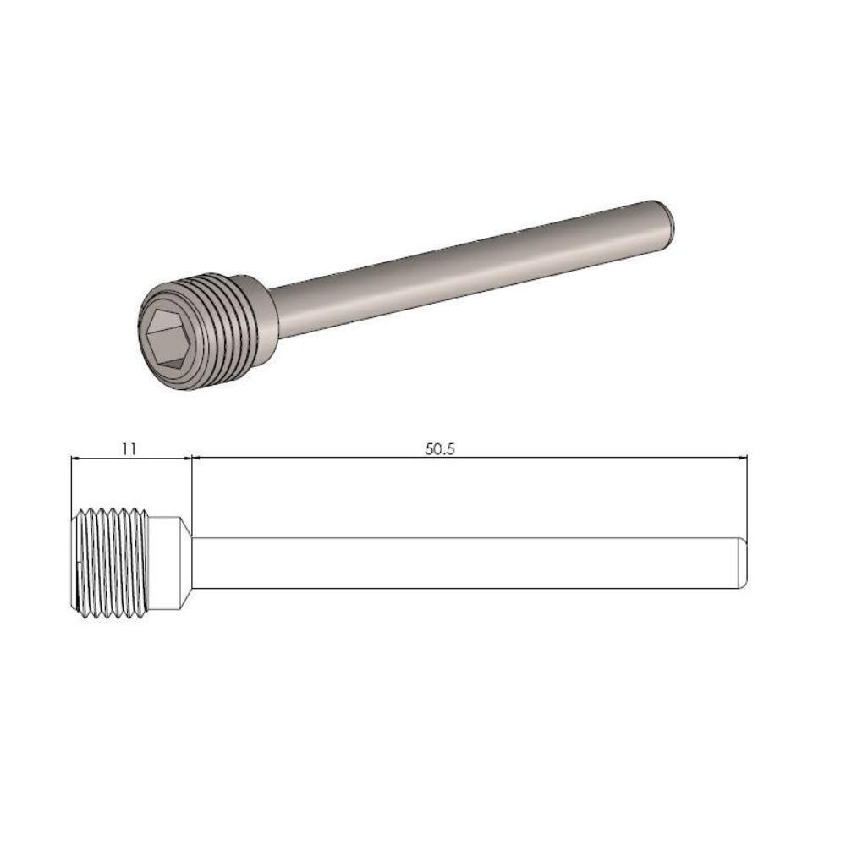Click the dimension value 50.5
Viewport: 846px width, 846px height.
[x=440, y=448]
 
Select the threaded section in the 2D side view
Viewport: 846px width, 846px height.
[x=114, y=562]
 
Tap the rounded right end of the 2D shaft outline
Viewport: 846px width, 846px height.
[x=744, y=563]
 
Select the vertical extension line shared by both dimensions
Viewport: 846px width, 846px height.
[x=192, y=491]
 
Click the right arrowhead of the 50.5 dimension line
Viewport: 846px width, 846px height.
[x=742, y=459]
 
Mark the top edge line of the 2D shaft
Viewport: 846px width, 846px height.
[x=465, y=537]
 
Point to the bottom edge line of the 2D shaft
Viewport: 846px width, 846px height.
[x=465, y=589]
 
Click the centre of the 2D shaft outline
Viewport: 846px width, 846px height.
[x=468, y=563]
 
